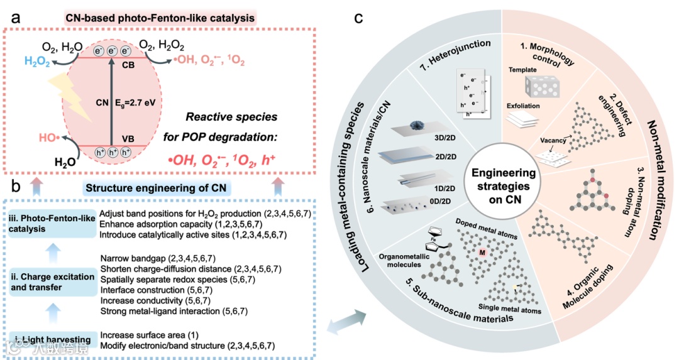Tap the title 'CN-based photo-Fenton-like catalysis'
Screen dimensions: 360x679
tap(162, 18)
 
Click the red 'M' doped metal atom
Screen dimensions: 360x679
tap(483, 253)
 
